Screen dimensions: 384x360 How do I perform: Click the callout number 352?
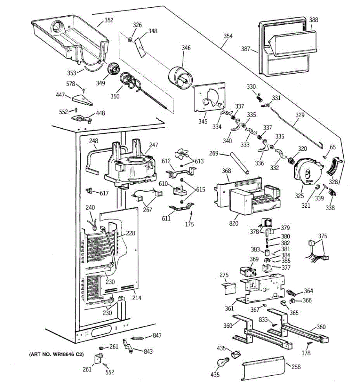(x=109, y=20)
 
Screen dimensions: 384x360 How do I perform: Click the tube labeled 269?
(x=239, y=164)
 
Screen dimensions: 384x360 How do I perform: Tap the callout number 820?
(x=234, y=223)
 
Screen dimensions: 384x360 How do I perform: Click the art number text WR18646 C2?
(x=56, y=354)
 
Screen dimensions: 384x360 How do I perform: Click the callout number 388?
(x=314, y=20)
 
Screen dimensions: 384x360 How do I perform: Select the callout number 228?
(x=130, y=233)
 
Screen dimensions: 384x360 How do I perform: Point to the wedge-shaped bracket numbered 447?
(x=82, y=100)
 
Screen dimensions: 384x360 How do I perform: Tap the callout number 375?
(x=323, y=236)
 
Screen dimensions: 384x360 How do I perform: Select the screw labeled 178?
(x=308, y=344)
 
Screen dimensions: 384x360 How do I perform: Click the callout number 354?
(x=228, y=36)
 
